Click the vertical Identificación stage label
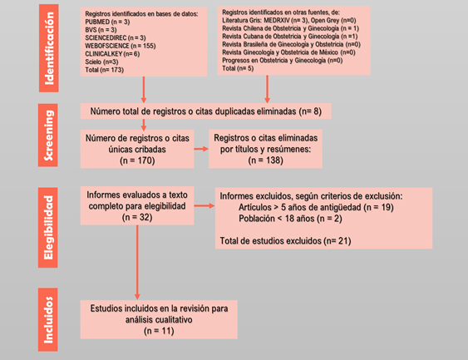[x=49, y=48]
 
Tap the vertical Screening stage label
[x=48, y=136]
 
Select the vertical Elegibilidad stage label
[x=48, y=228]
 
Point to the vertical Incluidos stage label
[x=48, y=319]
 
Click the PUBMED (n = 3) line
[x=107, y=22]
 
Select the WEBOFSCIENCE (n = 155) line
[x=121, y=46]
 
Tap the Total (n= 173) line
[x=105, y=70]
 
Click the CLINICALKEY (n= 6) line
[x=112, y=54]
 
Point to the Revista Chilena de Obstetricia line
[x=290, y=28]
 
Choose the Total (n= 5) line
[x=238, y=68]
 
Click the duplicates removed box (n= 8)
[x=205, y=111]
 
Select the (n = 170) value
[x=137, y=160]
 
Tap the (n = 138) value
[x=266, y=160]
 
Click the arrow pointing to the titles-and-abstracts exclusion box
[x=201, y=149]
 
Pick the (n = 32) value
[x=137, y=217]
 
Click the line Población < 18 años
[x=290, y=219]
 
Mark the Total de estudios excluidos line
[x=285, y=241]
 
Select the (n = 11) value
[x=159, y=331]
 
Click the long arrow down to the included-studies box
[x=137, y=262]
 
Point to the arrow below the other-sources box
[x=267, y=89]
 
